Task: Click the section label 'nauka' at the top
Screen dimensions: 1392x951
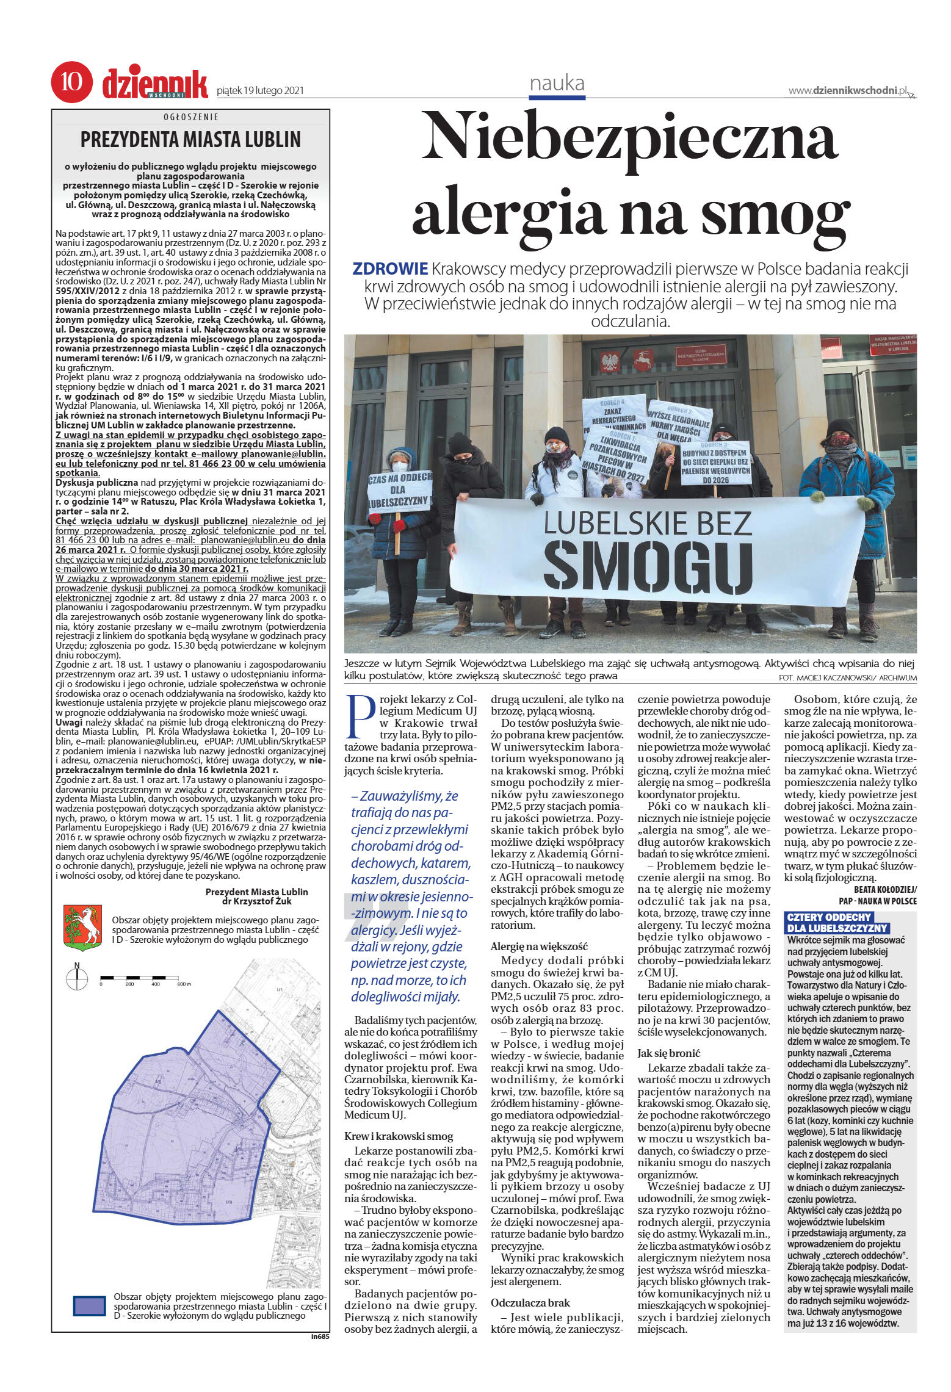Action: (x=557, y=83)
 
